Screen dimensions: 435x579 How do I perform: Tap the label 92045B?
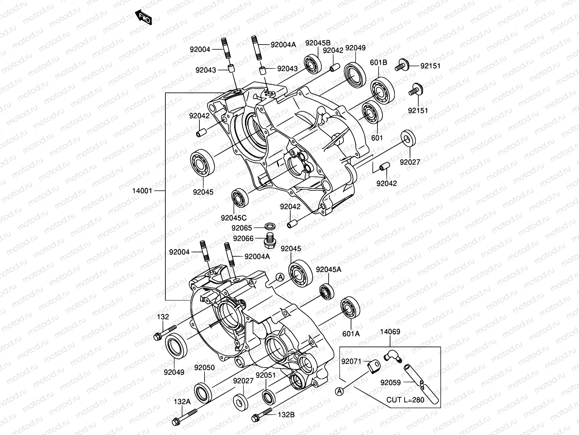pos(318,43)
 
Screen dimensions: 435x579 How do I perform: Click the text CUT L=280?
pos(405,400)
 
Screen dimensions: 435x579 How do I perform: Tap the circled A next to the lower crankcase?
pos(280,277)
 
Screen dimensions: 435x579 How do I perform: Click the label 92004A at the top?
pos(283,45)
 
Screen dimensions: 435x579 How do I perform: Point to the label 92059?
pos(390,382)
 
